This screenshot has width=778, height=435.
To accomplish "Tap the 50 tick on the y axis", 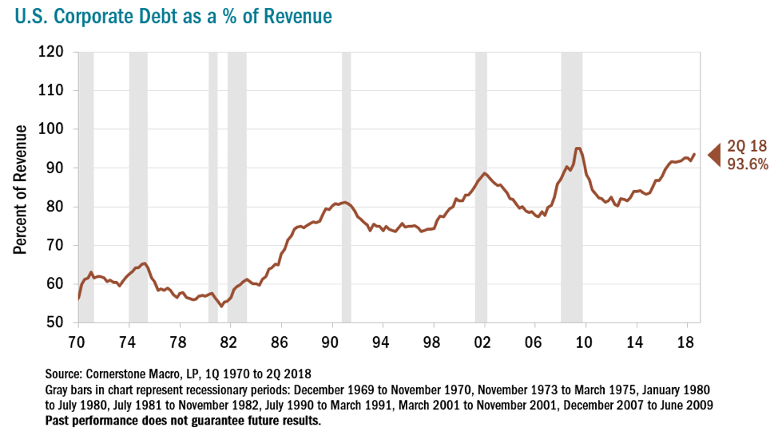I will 60,323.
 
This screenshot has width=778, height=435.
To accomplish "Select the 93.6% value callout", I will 748,164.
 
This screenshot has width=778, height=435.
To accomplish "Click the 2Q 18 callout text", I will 746,146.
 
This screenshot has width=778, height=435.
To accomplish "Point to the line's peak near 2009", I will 577,148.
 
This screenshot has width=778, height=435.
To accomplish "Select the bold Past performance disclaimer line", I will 184,421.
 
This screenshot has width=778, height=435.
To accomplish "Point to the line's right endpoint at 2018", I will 694,154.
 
